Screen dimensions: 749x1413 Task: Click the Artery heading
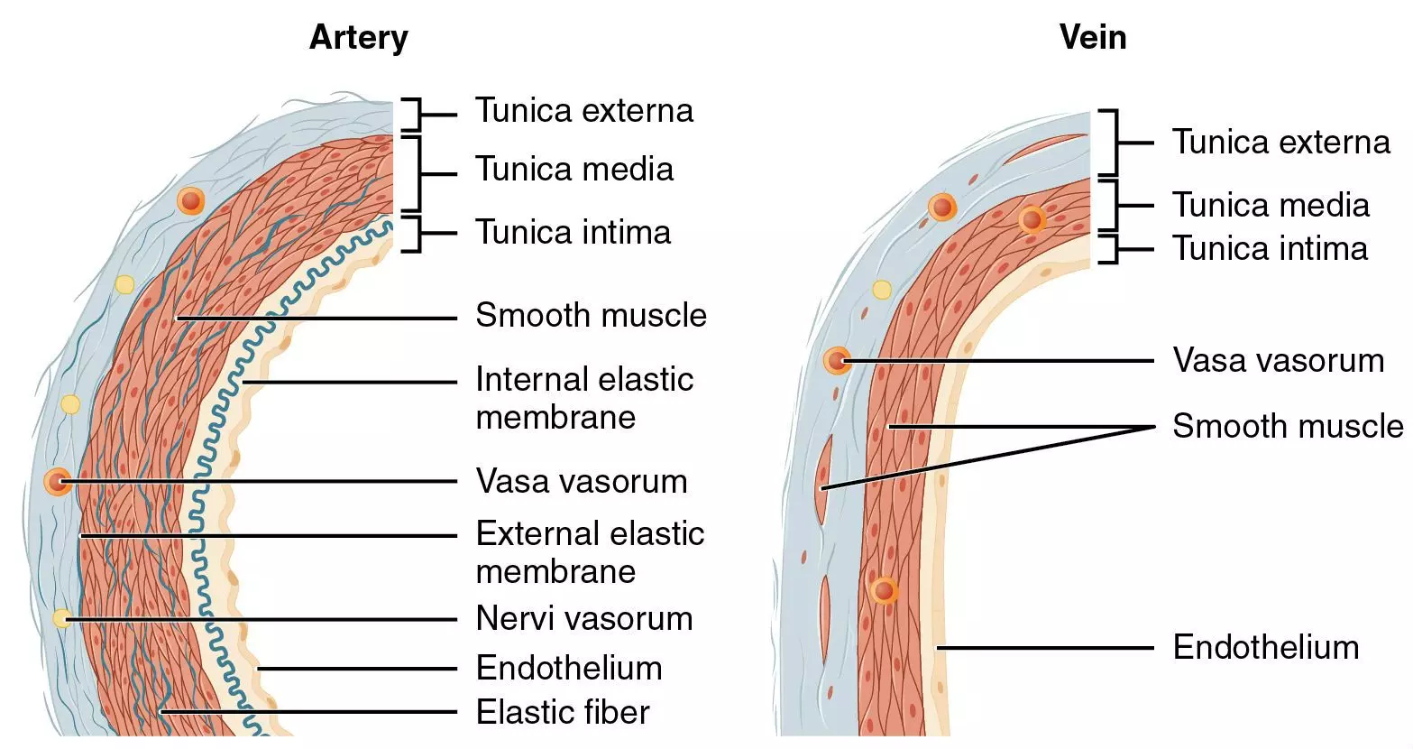[358, 38]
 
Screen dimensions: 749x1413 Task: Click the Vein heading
[1092, 38]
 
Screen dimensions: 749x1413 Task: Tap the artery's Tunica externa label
[584, 111]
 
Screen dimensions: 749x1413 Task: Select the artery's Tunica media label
[574, 170]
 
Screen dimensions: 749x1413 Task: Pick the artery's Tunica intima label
[573, 233]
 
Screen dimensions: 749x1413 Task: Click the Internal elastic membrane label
[583, 398]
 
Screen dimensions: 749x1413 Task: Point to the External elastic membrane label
[589, 552]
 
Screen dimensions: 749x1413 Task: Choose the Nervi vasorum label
[584, 619]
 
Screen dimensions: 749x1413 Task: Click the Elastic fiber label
[563, 713]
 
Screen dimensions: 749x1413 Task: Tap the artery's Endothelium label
[569, 669]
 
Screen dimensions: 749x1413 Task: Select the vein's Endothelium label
[1265, 648]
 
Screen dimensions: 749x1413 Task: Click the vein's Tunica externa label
[1280, 143]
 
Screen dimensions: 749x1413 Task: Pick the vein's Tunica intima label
[1270, 249]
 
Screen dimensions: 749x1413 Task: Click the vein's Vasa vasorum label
[1278, 361]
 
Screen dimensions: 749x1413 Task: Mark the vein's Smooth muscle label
[1287, 427]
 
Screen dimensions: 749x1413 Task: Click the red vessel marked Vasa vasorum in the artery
[58, 482]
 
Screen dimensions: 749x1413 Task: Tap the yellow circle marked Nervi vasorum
[61, 618]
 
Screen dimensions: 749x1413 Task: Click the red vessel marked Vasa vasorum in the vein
[837, 361]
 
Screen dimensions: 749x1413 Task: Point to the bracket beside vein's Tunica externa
[1111, 143]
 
